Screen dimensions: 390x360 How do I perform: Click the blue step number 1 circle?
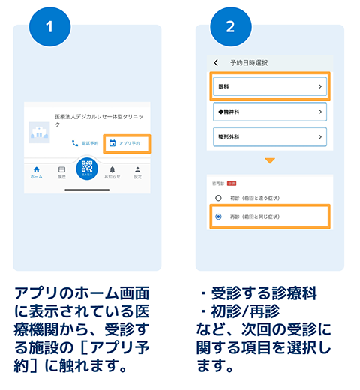point(49,28)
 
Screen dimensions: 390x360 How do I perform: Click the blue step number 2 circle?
point(232,28)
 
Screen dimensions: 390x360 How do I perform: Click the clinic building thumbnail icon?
point(39,133)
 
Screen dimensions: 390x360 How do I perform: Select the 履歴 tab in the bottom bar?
point(61,173)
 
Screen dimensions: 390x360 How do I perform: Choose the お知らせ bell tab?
point(112,173)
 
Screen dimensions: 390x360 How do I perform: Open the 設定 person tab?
point(137,173)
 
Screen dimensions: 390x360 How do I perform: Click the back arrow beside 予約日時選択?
point(217,62)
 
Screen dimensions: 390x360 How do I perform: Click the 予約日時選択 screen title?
point(249,62)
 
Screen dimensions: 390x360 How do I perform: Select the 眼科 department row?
point(269,87)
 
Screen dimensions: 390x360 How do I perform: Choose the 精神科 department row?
point(269,112)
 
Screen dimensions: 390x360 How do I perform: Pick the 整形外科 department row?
point(269,137)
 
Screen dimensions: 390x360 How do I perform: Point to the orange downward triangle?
point(269,160)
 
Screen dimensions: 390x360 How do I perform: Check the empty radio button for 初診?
point(218,198)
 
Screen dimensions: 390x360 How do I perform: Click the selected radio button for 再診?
point(218,217)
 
